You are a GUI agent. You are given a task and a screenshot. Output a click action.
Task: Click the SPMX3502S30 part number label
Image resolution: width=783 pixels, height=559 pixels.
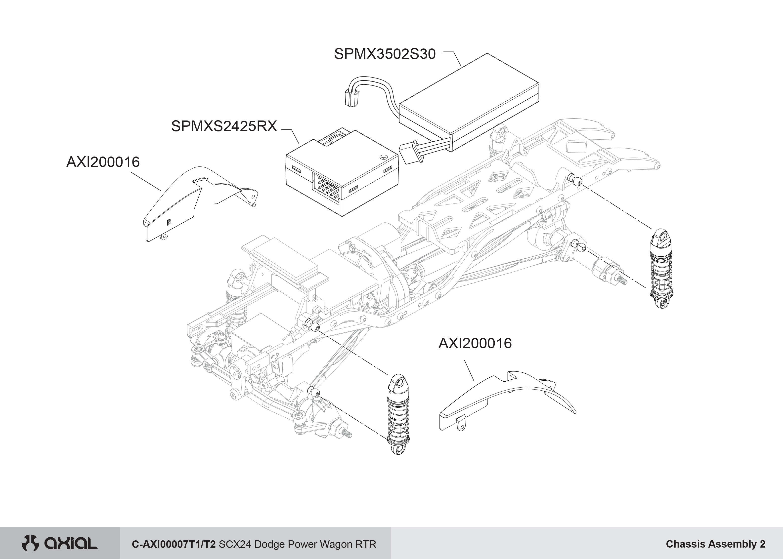coord(385,54)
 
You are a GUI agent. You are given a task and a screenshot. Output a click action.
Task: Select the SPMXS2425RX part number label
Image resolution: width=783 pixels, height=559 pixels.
coord(224,126)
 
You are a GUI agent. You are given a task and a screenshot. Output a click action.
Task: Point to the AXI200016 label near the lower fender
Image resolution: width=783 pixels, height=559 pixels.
coord(475,344)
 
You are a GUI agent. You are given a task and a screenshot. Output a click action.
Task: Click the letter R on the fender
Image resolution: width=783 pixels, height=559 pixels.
coord(169,222)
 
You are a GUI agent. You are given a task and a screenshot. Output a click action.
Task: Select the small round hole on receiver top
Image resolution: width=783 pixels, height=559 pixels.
coord(383,157)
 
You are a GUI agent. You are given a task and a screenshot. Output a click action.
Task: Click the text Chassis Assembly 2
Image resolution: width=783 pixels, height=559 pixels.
coord(715,544)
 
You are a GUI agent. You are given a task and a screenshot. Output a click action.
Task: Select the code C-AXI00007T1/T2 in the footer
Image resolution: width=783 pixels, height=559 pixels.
coord(174,544)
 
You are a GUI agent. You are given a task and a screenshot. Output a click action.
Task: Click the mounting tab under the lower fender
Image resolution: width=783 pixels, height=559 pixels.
coord(461,424)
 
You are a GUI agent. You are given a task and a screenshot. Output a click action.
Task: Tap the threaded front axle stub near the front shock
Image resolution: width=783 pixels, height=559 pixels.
coord(347,434)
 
